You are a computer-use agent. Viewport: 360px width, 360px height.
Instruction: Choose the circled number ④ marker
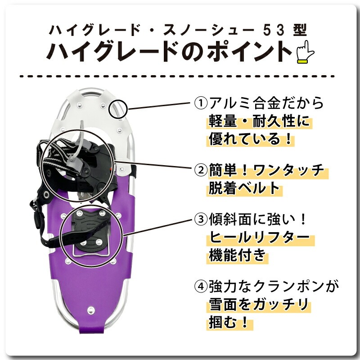(x=199, y=286)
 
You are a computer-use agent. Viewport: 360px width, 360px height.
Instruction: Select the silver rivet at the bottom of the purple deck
(x=91, y=310)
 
